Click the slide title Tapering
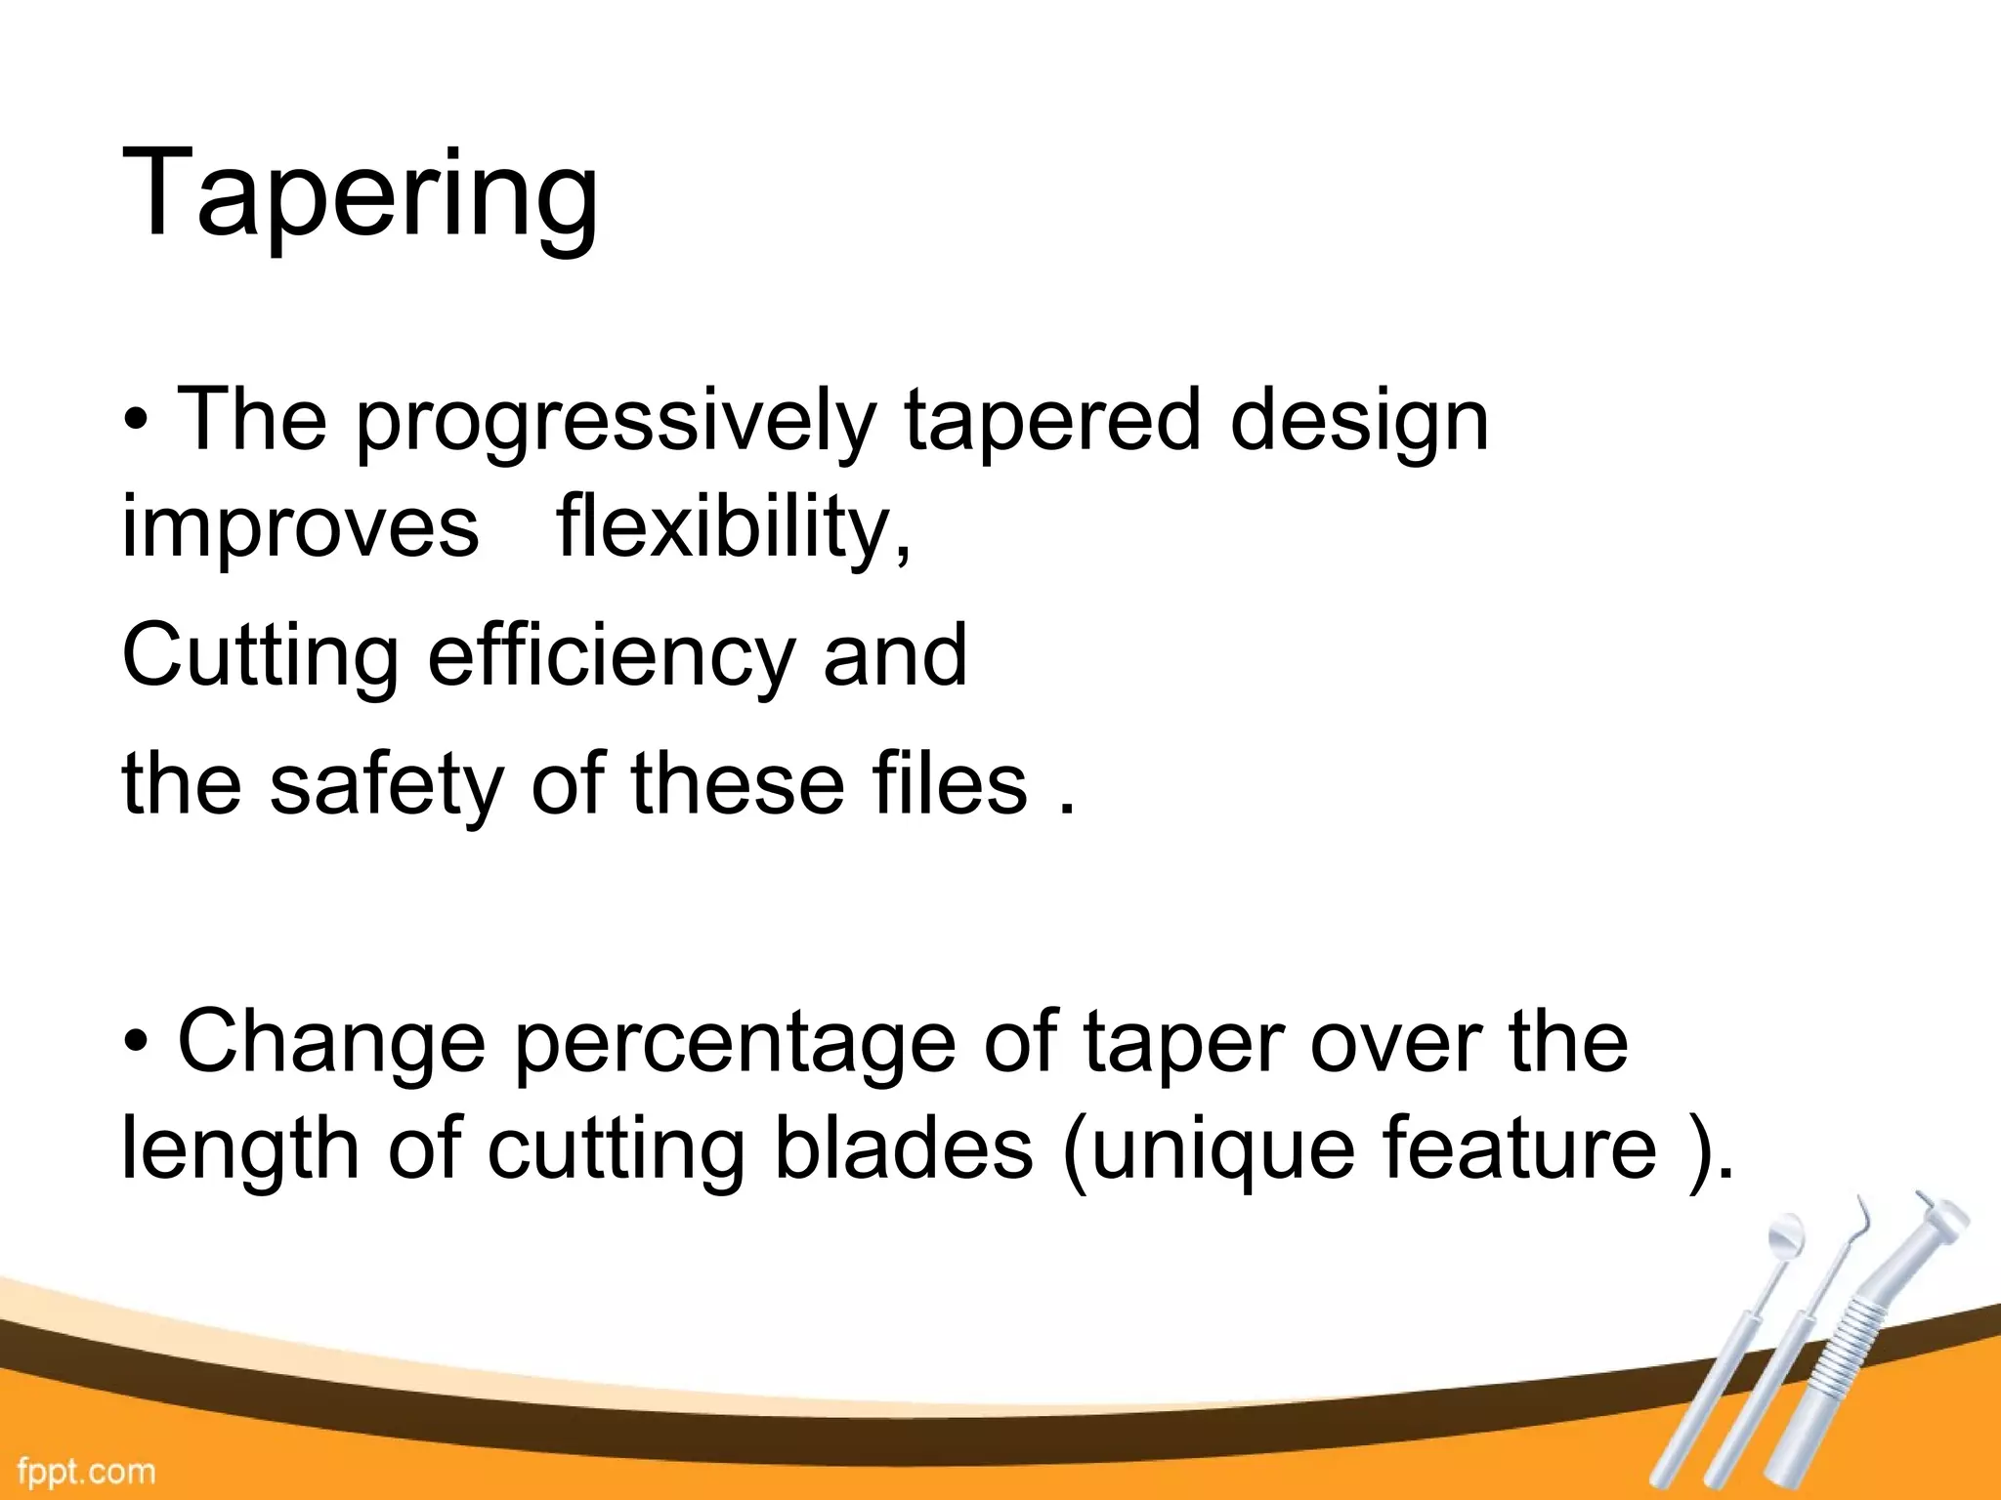pos(360,193)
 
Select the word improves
pos(300,527)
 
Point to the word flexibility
pos(734,527)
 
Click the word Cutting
pos(260,656)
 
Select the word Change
pos(331,1043)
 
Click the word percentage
pos(735,1043)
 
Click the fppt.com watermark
pos(86,1471)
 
